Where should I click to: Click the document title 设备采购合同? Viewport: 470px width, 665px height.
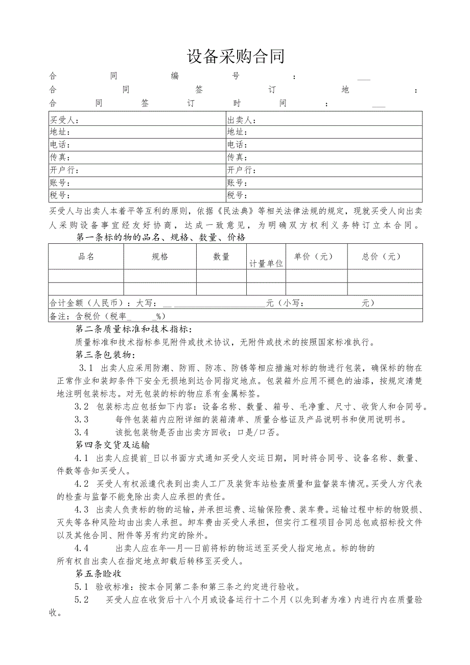click(x=236, y=56)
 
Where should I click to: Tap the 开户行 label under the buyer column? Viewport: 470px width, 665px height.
click(x=63, y=170)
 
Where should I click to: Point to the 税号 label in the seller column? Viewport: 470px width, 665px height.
click(x=237, y=195)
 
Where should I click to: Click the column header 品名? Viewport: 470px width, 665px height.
click(x=86, y=257)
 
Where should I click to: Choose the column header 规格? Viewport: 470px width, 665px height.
click(x=160, y=257)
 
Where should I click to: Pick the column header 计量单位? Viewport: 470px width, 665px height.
click(x=266, y=264)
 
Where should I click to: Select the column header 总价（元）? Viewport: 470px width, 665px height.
click(x=382, y=257)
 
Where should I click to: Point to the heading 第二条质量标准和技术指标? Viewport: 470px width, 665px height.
click(x=134, y=329)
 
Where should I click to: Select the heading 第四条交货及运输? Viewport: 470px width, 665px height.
click(x=112, y=444)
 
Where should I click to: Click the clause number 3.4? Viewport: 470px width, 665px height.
click(x=81, y=432)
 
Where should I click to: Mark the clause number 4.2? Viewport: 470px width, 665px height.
click(x=81, y=483)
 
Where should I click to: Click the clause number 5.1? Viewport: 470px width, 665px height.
click(x=81, y=586)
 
